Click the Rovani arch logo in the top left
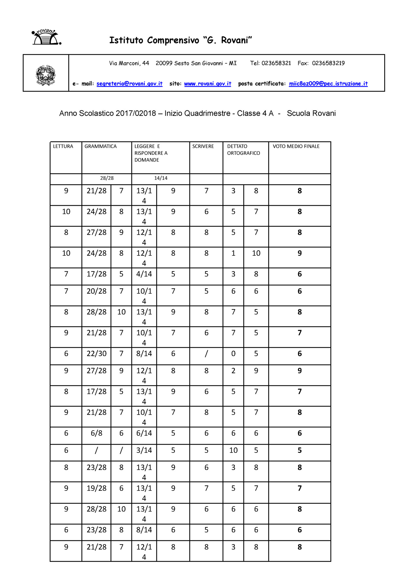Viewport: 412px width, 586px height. tap(46, 37)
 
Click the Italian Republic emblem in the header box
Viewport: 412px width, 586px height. tap(46, 75)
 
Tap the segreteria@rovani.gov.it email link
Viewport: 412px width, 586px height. tap(129, 84)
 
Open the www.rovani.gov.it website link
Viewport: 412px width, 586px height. tap(207, 84)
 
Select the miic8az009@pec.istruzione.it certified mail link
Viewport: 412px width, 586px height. tap(328, 84)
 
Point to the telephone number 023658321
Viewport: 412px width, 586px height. tap(276, 63)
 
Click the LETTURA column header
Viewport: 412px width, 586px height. tap(63, 146)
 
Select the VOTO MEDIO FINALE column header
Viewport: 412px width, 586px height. tap(296, 146)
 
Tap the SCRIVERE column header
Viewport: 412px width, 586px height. tap(203, 146)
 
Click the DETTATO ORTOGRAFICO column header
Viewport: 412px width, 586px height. tap(243, 150)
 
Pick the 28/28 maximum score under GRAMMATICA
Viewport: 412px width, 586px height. tap(107, 178)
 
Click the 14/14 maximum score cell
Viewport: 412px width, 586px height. tap(161, 178)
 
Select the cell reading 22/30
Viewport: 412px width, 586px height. tap(96, 354)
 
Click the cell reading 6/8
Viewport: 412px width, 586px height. tap(96, 433)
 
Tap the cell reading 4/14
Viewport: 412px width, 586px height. tap(144, 274)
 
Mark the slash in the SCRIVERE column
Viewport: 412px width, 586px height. tap(206, 354)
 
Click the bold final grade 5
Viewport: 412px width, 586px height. tap(299, 450)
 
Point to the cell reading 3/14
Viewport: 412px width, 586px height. tap(144, 450)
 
